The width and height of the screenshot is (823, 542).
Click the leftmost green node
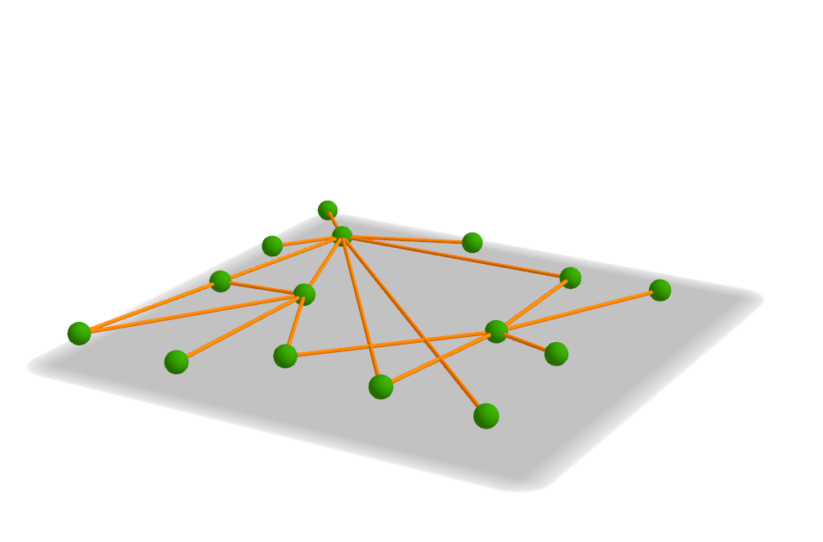(x=79, y=334)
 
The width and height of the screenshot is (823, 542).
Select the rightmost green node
(x=660, y=290)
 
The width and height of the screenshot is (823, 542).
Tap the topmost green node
(x=328, y=209)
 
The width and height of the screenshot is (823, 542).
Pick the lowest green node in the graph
(x=486, y=415)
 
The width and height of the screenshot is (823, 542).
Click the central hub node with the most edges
(x=342, y=235)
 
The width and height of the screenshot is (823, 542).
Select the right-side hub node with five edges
(x=497, y=331)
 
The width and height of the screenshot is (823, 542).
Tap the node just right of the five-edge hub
(x=556, y=354)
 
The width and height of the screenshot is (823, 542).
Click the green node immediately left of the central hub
(x=272, y=245)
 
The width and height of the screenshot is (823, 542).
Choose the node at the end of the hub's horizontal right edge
(x=472, y=243)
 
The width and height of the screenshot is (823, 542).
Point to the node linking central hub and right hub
(x=570, y=277)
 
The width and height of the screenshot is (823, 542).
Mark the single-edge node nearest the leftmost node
(x=177, y=361)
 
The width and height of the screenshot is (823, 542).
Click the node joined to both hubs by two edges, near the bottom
(x=381, y=387)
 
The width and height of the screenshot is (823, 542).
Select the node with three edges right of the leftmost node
(x=220, y=281)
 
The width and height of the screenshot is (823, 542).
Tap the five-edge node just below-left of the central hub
(x=304, y=294)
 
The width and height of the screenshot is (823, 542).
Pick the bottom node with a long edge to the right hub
(x=285, y=355)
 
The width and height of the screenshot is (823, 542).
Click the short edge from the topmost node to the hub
(x=335, y=222)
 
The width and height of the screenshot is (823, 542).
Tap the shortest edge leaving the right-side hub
(x=526, y=343)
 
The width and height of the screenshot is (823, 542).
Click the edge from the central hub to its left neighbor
(x=307, y=241)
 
